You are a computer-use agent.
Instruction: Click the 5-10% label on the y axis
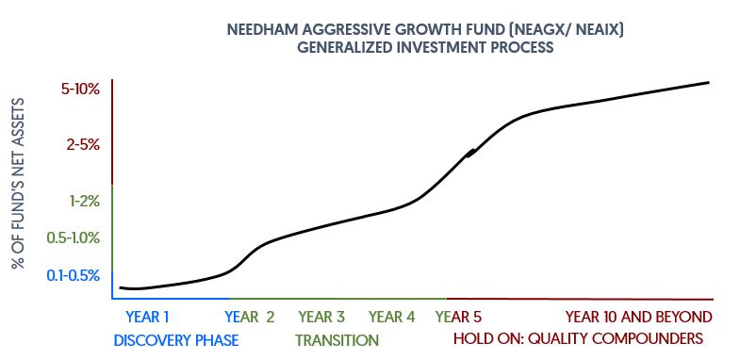80,89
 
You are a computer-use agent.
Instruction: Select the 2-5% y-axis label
83,145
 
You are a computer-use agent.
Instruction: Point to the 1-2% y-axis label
85,202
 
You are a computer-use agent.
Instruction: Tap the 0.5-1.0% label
74,238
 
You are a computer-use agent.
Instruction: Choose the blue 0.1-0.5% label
74,275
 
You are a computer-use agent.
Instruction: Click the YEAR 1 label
147,317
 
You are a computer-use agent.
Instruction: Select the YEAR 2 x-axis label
250,317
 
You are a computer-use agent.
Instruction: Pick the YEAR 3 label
321,317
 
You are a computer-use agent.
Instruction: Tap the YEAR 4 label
392,317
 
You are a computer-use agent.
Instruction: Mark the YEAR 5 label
459,317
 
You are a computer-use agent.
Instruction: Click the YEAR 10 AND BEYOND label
638,317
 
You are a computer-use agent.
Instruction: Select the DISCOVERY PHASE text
176,339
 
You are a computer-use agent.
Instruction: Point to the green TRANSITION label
337,339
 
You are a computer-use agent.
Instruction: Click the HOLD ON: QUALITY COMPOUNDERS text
578,338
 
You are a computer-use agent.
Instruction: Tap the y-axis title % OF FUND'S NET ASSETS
18,184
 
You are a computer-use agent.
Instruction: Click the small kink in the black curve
470,153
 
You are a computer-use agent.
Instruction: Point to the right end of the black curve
709,83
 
